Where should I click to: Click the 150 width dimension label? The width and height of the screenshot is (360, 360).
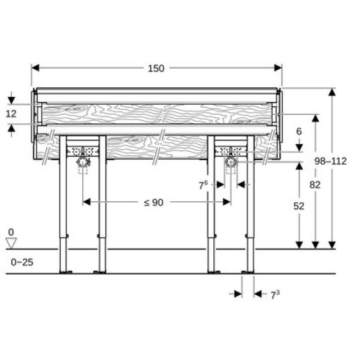tap(156, 68)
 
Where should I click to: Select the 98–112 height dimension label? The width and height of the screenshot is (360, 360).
tap(330, 161)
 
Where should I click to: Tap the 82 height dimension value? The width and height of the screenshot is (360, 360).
tap(315, 184)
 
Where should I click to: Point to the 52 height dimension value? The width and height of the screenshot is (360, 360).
tap(299, 206)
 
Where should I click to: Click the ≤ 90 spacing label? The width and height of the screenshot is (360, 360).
tap(153, 202)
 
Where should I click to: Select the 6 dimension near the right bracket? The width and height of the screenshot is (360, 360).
tap(299, 131)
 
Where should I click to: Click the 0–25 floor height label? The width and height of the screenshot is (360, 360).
tap(21, 262)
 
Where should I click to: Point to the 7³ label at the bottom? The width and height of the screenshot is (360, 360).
tap(274, 294)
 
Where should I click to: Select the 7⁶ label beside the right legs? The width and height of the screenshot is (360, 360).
tap(204, 184)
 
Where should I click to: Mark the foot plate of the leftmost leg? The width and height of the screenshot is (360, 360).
tap(65, 272)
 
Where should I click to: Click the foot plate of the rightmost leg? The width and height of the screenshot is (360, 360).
tap(248, 272)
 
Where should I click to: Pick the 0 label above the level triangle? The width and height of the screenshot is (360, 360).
tap(11, 232)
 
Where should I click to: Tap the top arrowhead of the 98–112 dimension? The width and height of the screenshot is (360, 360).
tap(332, 92)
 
